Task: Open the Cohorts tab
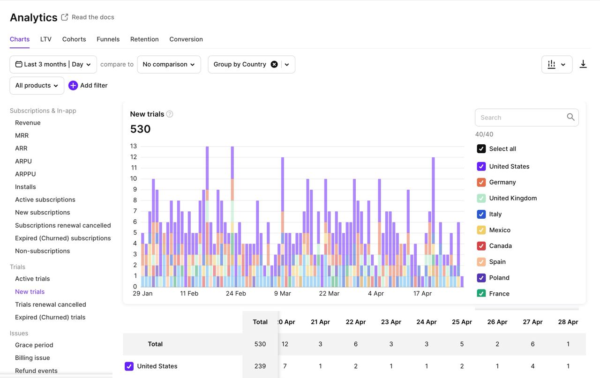click(x=74, y=39)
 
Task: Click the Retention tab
click(x=144, y=39)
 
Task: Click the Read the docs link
click(x=92, y=17)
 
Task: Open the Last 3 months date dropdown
click(x=53, y=65)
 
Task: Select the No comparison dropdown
click(x=169, y=65)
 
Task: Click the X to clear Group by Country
click(x=274, y=65)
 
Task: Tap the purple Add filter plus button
click(x=73, y=85)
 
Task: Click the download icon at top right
click(x=583, y=64)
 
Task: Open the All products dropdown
click(x=37, y=86)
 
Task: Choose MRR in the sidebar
click(x=22, y=135)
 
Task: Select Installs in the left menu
click(x=25, y=187)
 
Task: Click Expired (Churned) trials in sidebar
click(x=50, y=317)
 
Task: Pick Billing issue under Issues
click(x=32, y=358)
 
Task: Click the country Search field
click(x=521, y=118)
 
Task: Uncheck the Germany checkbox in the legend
click(x=481, y=182)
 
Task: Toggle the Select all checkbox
click(x=481, y=149)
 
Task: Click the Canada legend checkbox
click(x=481, y=246)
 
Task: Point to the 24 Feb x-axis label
click(x=236, y=294)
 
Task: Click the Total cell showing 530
click(x=260, y=344)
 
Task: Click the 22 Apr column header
click(x=355, y=322)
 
